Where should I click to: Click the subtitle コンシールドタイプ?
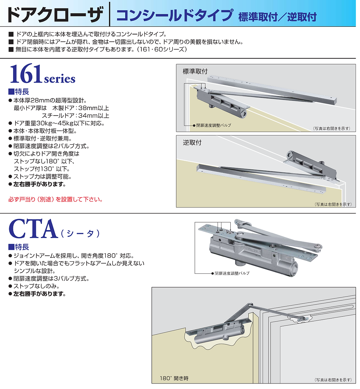[174, 16]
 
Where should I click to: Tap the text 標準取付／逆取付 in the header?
[277, 17]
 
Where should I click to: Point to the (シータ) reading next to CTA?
[80, 233]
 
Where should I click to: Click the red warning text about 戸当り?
[55, 200]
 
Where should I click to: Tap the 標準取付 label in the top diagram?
[195, 72]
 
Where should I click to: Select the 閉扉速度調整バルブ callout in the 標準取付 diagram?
[213, 126]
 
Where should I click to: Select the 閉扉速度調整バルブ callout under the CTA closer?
[232, 273]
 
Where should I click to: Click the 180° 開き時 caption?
[175, 378]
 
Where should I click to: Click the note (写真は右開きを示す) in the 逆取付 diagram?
[332, 204]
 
